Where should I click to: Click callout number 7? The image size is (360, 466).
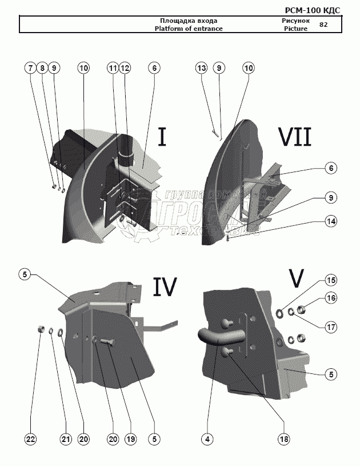29,68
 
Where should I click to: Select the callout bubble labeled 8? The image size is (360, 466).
42,68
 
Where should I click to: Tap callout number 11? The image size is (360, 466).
112,68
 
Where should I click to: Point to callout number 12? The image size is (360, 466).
125,68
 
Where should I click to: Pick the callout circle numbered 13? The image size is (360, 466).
201,68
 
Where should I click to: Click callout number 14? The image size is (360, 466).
331,220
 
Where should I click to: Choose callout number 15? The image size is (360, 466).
331,281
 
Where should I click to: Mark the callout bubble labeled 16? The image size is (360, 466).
331,298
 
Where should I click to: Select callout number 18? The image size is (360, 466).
284,439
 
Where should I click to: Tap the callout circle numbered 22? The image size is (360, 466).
30,439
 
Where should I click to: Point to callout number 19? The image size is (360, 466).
131,439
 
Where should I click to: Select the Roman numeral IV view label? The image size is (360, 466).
164,286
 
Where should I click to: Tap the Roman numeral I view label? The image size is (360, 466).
162,137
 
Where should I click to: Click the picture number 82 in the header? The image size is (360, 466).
323,25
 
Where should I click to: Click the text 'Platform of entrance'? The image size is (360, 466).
189,28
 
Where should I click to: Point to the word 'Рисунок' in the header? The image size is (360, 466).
295,21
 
